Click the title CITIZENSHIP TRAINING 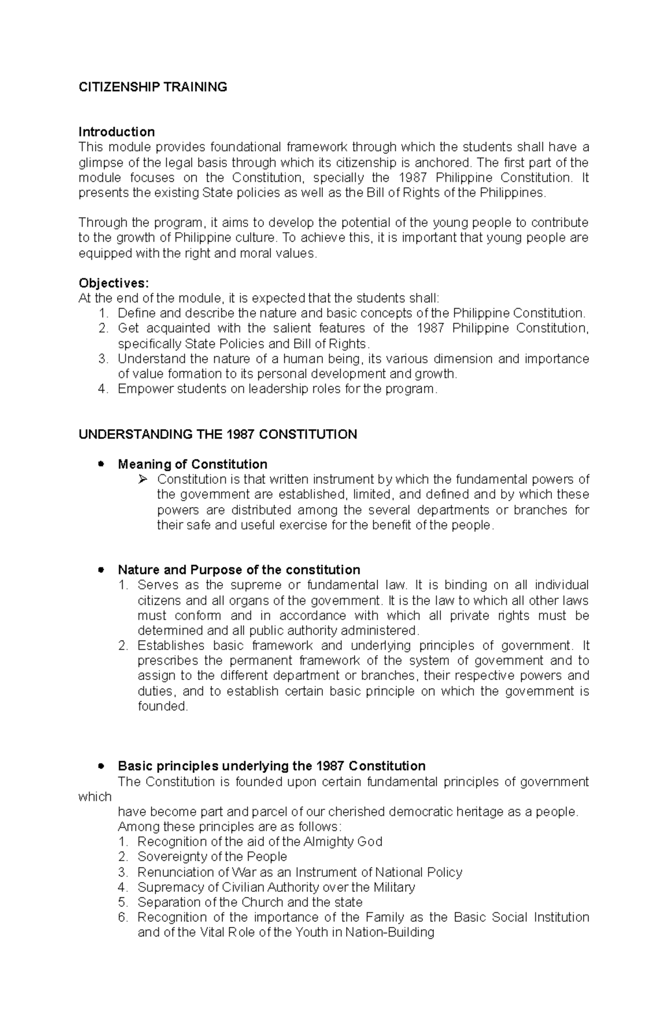point(153,87)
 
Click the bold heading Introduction point(117,132)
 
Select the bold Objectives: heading point(114,283)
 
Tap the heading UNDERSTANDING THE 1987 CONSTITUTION point(217,435)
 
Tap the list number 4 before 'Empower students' point(102,389)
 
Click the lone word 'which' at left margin point(95,797)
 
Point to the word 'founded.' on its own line point(163,706)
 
